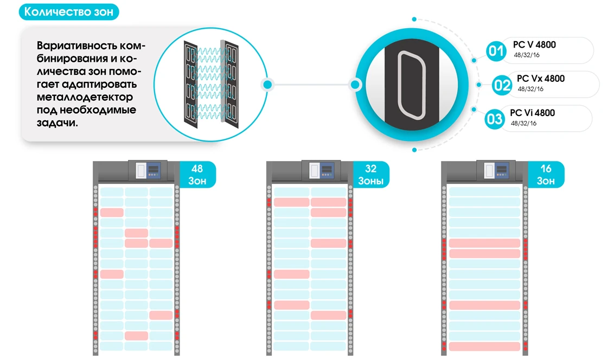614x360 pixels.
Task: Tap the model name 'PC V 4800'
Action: click(x=534, y=44)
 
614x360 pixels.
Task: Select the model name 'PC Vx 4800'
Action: click(x=541, y=79)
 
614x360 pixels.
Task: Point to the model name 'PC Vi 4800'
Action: click(x=532, y=113)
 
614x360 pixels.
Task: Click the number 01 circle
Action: click(x=495, y=52)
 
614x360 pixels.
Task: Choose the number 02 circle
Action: click(x=502, y=85)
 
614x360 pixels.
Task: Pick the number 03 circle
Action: click(x=495, y=119)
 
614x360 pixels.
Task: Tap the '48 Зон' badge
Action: click(x=197, y=175)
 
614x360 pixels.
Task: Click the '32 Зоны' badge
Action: click(x=370, y=175)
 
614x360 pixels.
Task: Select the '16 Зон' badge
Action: click(x=545, y=175)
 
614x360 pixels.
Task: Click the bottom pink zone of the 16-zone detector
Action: click(x=484, y=346)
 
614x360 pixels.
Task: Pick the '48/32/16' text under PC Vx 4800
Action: click(x=530, y=89)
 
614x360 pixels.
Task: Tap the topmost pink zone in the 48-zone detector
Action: click(x=112, y=212)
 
